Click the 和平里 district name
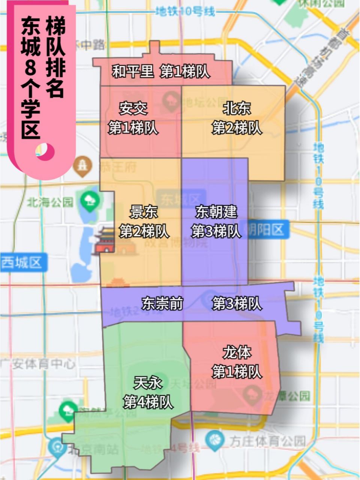pyautogui.click(x=133, y=71)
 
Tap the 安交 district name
pyautogui.click(x=133, y=109)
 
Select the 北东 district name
pyautogui.click(x=237, y=109)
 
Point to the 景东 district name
pyautogui.click(x=144, y=212)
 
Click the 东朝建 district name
pyautogui.click(x=216, y=212)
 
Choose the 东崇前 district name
pyautogui.click(x=162, y=303)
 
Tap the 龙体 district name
pyautogui.click(x=237, y=352)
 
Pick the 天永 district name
pyautogui.click(x=148, y=383)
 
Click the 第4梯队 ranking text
pyautogui.click(x=148, y=402)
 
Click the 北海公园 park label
pyautogui.click(x=50, y=202)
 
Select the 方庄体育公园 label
pyautogui.click(x=267, y=441)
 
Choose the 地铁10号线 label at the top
pyautogui.click(x=186, y=12)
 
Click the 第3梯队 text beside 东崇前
pyautogui.click(x=237, y=303)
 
